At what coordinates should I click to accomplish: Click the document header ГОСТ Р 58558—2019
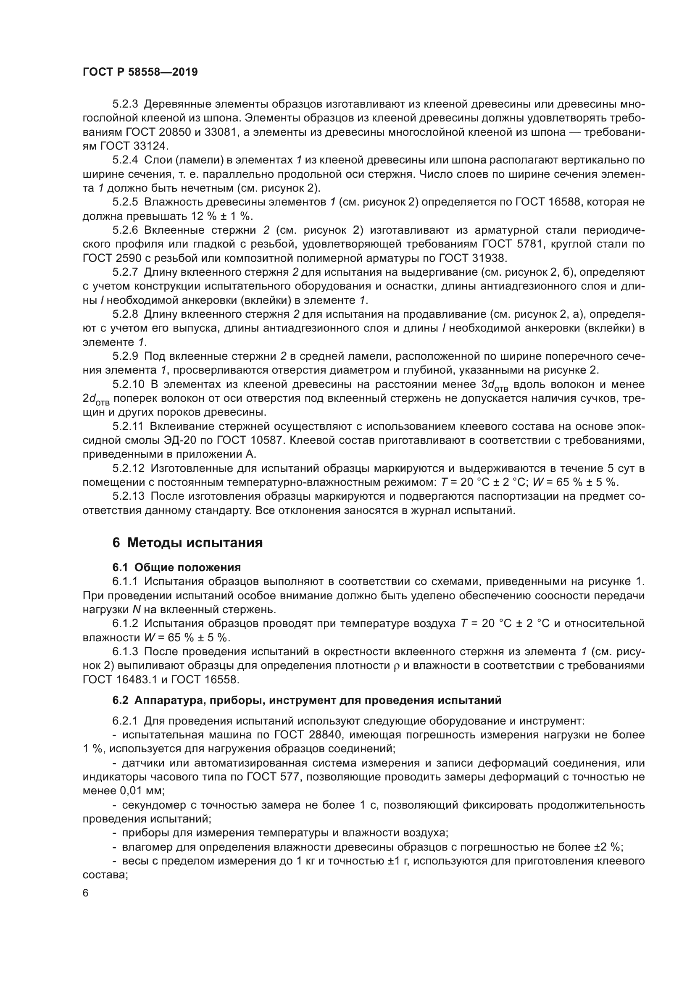[140, 72]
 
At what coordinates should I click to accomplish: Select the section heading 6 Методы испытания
[187, 543]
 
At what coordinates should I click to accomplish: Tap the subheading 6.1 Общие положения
[176, 567]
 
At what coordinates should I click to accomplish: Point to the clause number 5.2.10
[128, 385]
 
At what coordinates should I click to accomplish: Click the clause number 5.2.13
[128, 496]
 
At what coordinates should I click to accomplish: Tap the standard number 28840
[325, 735]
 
